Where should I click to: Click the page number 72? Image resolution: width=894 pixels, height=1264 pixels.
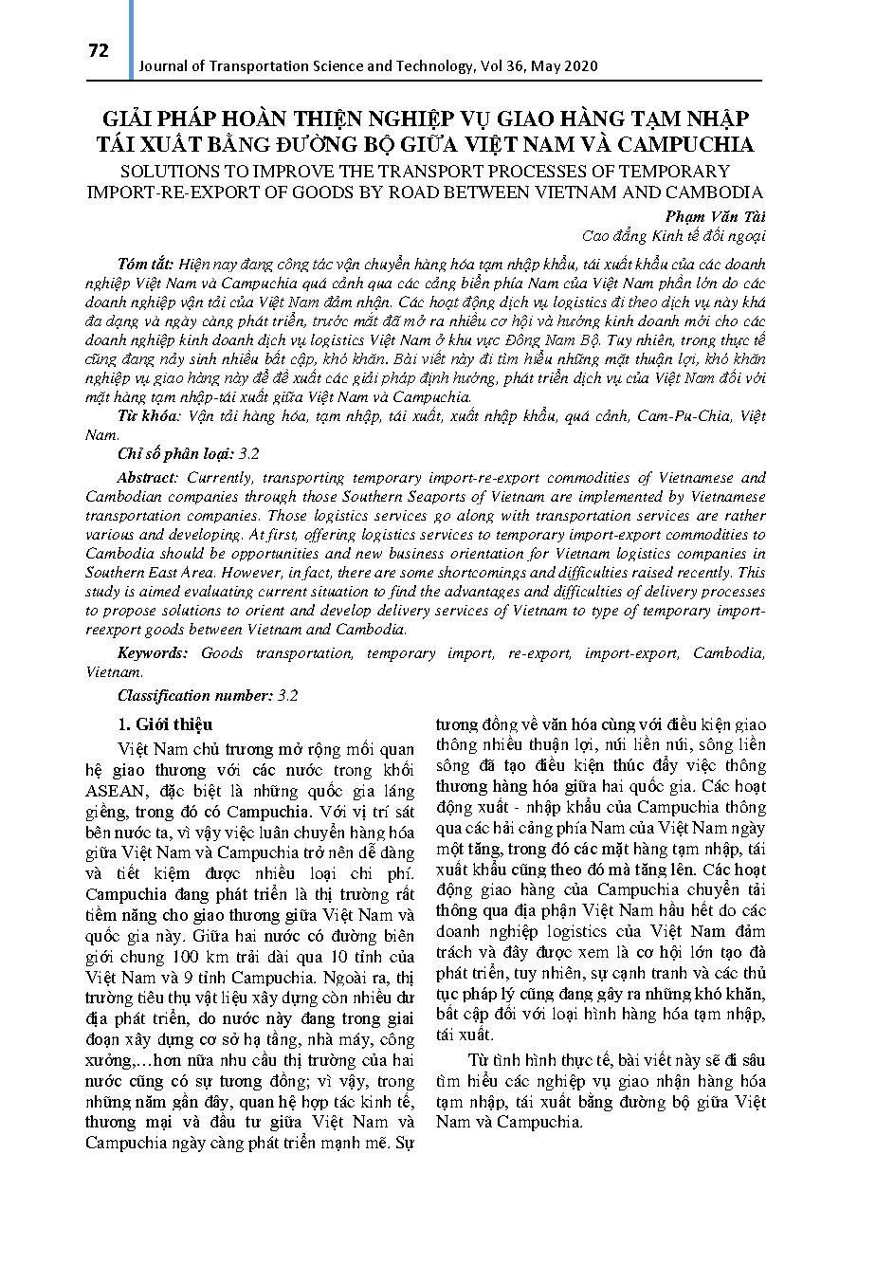tap(99, 51)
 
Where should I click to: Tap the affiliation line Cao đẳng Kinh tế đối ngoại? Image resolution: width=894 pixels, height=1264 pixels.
tap(672, 236)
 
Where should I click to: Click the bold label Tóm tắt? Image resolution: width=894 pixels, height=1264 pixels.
tap(146, 264)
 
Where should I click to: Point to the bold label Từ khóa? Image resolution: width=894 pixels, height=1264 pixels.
tap(150, 416)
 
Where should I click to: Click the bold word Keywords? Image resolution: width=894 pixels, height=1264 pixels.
tap(154, 653)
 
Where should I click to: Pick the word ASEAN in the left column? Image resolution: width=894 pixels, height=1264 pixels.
tap(117, 791)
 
